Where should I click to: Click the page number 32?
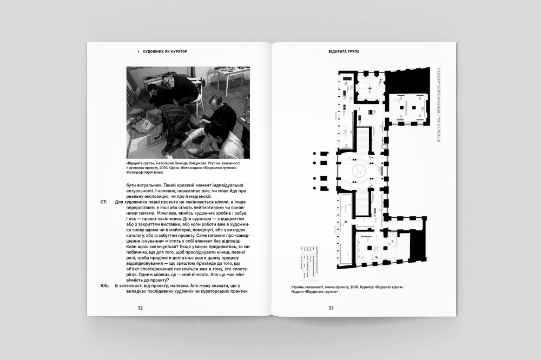click(x=140, y=308)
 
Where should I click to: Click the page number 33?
click(x=331, y=308)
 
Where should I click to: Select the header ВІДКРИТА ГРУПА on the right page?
click(x=344, y=52)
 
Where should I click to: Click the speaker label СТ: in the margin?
click(x=104, y=202)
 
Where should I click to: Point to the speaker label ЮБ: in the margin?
click(x=104, y=285)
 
